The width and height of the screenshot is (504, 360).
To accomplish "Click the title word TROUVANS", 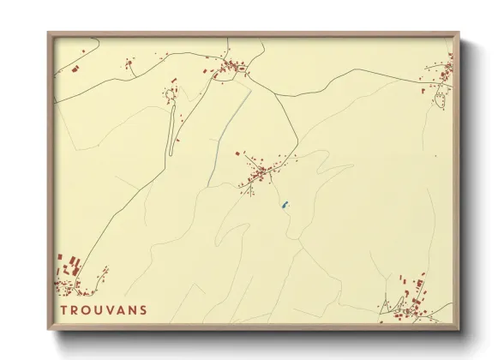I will point(104,309).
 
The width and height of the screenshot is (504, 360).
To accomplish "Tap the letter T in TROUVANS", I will point(64,309).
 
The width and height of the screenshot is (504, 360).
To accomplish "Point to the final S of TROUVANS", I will point(143,309).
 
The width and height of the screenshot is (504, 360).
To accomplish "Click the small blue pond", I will point(284,206).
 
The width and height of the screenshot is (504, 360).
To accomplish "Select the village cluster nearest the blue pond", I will point(259,173).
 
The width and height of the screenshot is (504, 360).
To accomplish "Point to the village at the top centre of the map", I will point(229,69).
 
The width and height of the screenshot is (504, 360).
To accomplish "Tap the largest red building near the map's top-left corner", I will point(75,65).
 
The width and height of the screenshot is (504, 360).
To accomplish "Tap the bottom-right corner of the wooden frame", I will point(459,329).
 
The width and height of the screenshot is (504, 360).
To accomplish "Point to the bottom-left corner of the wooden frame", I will point(49,329).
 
